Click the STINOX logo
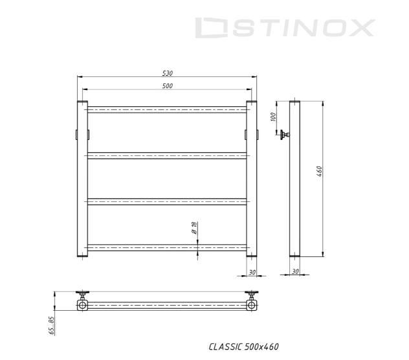point(285,28)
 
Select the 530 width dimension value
point(166,73)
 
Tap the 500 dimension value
point(166,85)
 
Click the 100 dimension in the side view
point(274,117)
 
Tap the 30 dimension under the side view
point(295,271)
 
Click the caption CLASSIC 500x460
point(243,347)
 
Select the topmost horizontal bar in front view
point(166,109)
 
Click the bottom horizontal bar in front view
point(166,247)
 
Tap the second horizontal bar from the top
point(166,155)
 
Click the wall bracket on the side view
point(284,135)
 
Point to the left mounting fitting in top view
point(83,302)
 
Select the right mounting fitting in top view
point(251,302)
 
